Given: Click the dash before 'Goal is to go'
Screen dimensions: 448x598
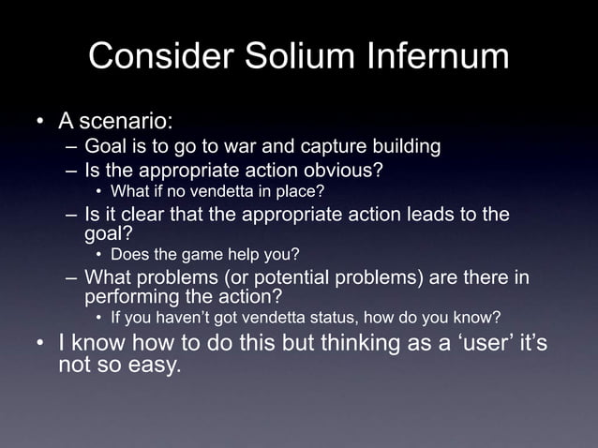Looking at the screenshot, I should pyautogui.click(x=72, y=147).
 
